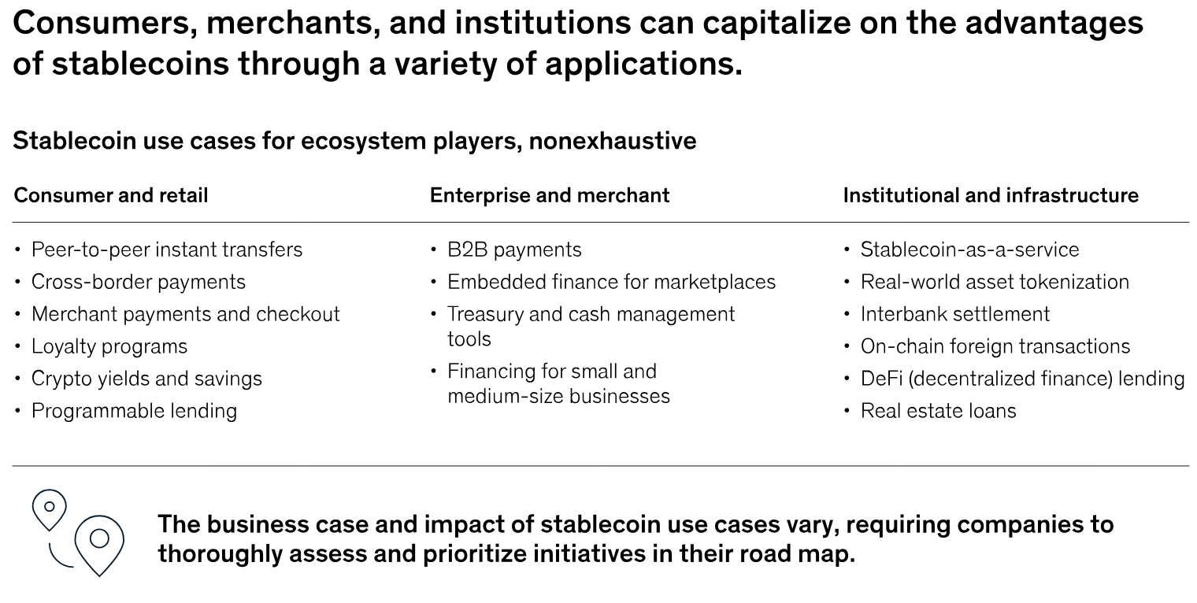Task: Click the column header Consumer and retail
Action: click(110, 195)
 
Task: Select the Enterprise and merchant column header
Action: click(549, 195)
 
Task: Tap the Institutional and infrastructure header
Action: click(990, 195)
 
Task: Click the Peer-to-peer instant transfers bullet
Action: click(166, 250)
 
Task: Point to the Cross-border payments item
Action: click(138, 282)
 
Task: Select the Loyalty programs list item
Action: click(109, 346)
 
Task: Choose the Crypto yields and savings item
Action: click(146, 379)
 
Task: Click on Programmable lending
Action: click(134, 411)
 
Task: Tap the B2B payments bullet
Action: click(514, 250)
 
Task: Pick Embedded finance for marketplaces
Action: click(611, 282)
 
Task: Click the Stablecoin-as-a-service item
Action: click(969, 250)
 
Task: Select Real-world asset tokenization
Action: click(995, 282)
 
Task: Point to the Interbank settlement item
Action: click(954, 314)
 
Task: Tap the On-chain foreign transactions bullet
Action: click(995, 346)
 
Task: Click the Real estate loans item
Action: click(938, 411)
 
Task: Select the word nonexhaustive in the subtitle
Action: click(612, 142)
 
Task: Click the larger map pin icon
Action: click(99, 542)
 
